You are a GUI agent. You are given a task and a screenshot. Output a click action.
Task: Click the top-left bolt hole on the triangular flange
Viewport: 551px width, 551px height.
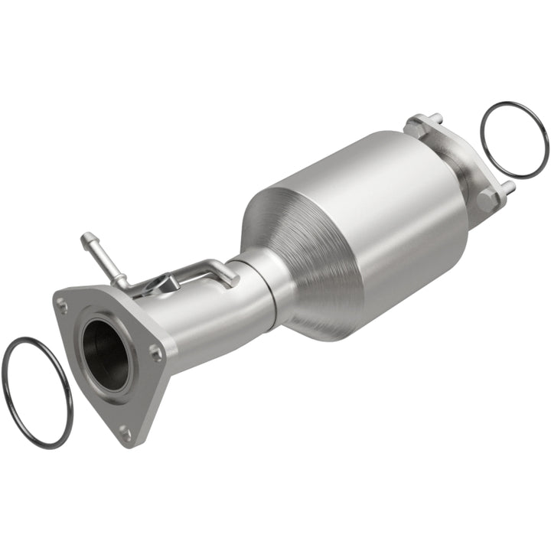tap(64, 307)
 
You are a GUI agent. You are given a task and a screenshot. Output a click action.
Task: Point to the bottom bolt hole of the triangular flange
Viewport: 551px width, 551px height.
tap(125, 433)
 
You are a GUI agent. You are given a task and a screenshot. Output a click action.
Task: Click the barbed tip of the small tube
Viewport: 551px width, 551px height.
tap(86, 239)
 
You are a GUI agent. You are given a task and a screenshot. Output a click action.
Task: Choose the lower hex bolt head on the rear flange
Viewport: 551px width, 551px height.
tap(487, 201)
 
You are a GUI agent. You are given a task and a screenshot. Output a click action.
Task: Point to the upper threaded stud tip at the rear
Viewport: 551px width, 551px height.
tap(439, 117)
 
